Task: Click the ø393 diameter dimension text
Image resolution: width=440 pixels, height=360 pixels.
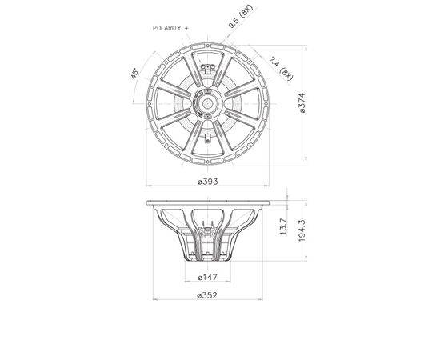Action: [208, 182]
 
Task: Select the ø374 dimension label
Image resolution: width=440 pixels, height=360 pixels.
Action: [302, 103]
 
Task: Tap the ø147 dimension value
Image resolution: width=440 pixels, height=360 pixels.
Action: [208, 278]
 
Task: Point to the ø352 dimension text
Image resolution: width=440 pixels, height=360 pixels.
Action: [207, 295]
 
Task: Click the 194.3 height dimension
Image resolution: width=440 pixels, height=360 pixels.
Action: [302, 230]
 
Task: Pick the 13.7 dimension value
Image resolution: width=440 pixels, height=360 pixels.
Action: [283, 226]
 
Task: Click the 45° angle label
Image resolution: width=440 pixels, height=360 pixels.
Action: [134, 74]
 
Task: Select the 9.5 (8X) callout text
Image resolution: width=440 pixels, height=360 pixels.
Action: [241, 17]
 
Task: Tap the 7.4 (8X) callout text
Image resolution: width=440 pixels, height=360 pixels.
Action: [281, 69]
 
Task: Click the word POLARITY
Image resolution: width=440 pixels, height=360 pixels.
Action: [166, 28]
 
